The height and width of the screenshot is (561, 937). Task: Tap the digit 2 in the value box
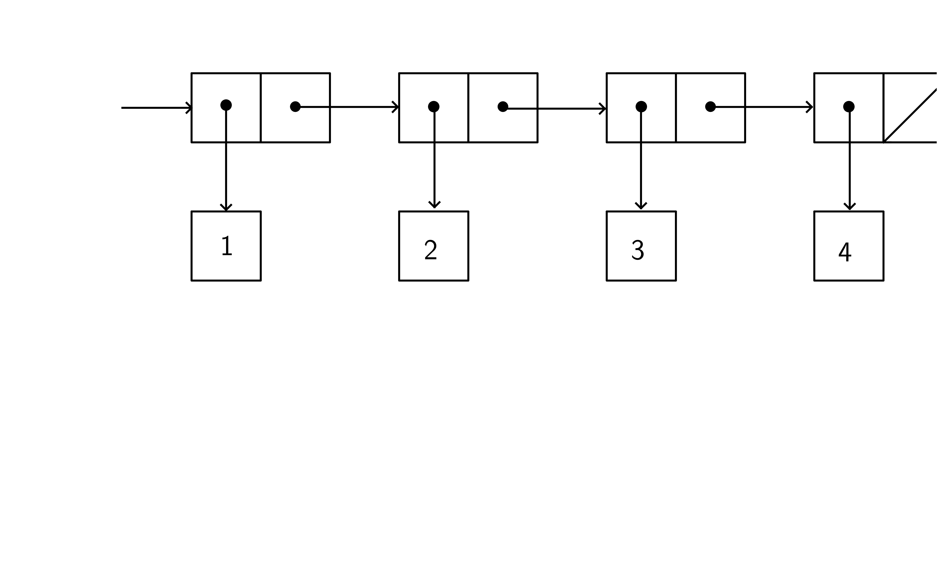pyautogui.click(x=431, y=250)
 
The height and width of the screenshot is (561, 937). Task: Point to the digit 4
pyautogui.click(x=845, y=252)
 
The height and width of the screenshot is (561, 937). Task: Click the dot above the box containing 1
pyautogui.click(x=226, y=105)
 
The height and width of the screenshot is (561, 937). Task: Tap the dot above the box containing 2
pyautogui.click(x=434, y=107)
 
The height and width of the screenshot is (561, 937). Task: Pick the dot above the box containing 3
pyautogui.click(x=641, y=107)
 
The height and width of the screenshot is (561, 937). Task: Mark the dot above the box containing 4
pyautogui.click(x=849, y=107)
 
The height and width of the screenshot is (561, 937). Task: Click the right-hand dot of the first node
pyautogui.click(x=295, y=107)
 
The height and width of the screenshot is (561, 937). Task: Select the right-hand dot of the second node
pyautogui.click(x=503, y=107)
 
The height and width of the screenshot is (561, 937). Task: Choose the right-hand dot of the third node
pyautogui.click(x=710, y=107)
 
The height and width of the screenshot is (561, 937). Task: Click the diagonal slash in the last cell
pyautogui.click(x=910, y=116)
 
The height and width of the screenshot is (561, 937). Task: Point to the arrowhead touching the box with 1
pyautogui.click(x=226, y=208)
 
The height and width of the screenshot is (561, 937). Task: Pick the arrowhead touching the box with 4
pyautogui.click(x=850, y=206)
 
